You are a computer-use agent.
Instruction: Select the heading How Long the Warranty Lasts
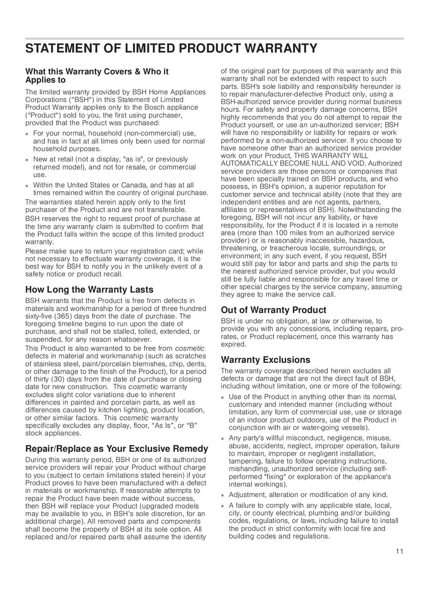(89, 290)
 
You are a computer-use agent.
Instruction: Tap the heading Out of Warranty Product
(273, 310)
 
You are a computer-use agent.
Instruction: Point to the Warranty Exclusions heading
(265, 360)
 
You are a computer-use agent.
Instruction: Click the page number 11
(399, 552)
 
